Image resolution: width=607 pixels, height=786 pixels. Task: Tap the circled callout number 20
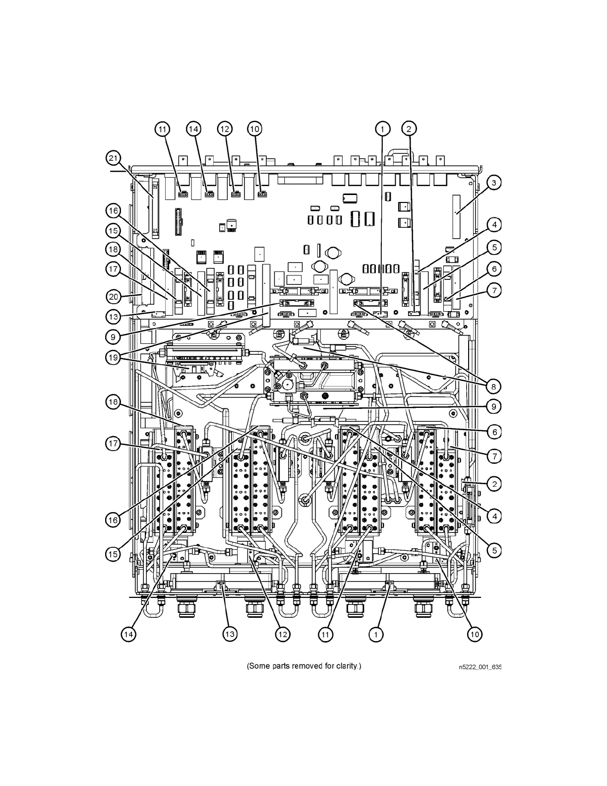point(114,297)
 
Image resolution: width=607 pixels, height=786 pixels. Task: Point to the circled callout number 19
point(114,357)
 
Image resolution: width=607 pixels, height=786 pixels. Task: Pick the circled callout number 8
point(494,386)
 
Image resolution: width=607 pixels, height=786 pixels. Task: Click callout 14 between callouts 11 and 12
point(193,129)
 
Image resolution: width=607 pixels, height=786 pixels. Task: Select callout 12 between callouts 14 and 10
point(225,129)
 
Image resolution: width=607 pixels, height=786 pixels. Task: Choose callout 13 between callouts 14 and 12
point(229,634)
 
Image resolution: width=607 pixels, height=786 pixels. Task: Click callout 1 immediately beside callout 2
point(382,129)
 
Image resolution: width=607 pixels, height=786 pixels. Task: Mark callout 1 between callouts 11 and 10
point(376,634)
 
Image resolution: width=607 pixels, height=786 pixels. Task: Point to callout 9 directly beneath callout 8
point(494,406)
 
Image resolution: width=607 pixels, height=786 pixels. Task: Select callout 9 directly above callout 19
point(114,337)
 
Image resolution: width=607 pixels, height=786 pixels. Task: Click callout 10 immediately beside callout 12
point(254,129)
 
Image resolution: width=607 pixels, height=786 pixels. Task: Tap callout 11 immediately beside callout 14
point(162,129)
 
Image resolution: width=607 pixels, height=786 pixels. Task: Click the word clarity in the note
point(347,665)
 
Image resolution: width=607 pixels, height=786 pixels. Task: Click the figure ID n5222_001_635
point(480,667)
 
